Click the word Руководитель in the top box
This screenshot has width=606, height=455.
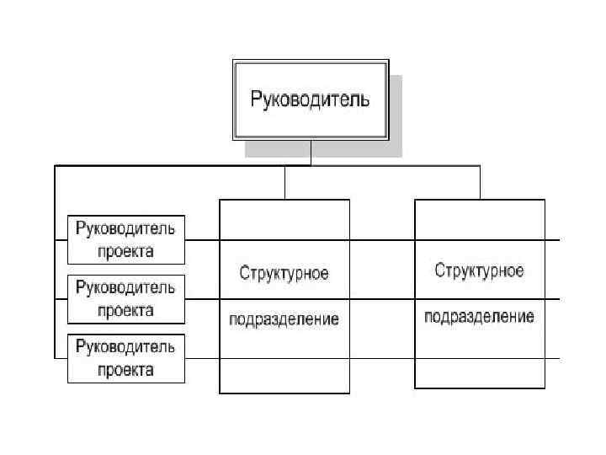coord(310,99)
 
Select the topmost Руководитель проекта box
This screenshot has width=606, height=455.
coord(126,240)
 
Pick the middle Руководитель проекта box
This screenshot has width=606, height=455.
coord(126,299)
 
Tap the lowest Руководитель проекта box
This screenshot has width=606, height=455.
coord(126,358)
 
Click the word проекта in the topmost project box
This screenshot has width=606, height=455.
coord(126,251)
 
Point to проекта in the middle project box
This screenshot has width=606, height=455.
coord(126,310)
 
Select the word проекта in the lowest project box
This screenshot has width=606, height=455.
coord(126,370)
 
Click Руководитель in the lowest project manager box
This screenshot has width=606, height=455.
coord(126,347)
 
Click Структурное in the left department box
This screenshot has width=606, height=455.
coord(284,274)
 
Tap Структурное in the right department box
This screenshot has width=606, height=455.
coord(479,270)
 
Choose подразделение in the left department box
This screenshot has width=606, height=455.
coord(284,319)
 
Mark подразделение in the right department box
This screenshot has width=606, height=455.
coord(479,317)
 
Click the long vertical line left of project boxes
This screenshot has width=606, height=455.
coord(56,261)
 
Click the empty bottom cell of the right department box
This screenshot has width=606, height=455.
coord(479,372)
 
